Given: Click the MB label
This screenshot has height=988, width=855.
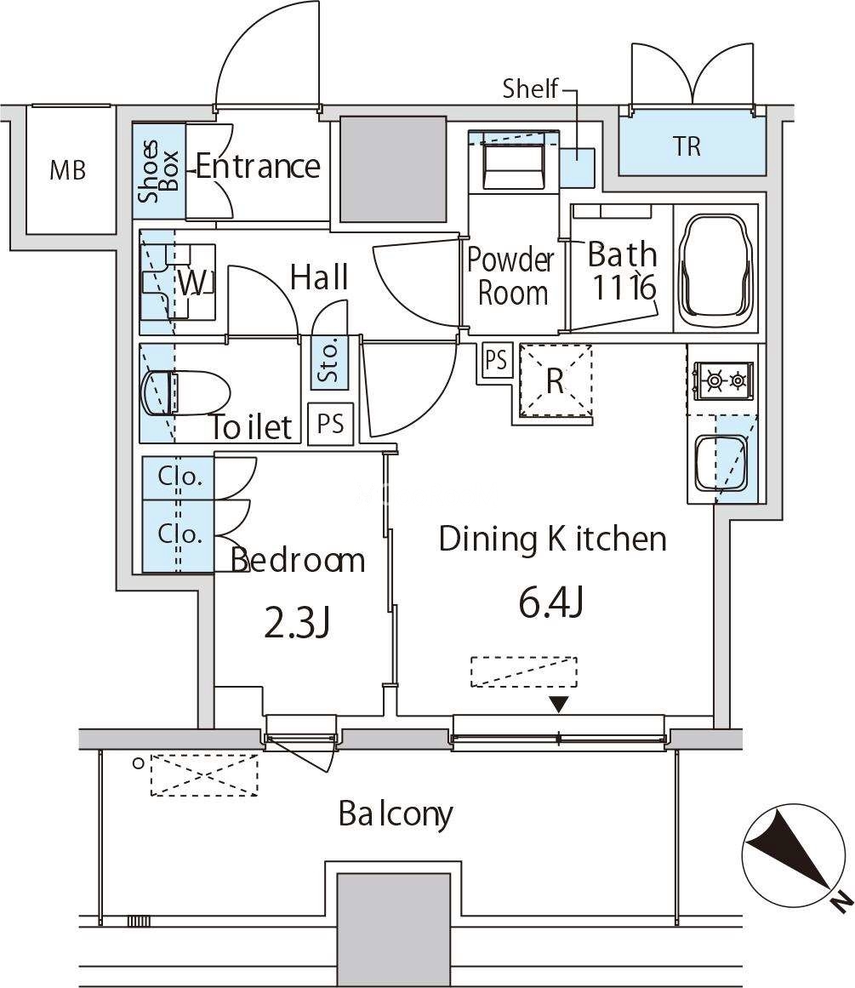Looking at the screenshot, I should point(67,170).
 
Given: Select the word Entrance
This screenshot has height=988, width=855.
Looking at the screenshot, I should point(258,166).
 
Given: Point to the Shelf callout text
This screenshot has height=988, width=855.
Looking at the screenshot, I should point(530,89).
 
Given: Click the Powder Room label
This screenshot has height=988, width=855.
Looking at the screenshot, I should point(511,276).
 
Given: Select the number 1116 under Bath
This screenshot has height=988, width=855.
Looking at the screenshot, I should point(624,288).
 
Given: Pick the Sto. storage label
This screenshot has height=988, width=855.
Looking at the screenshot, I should point(329,359).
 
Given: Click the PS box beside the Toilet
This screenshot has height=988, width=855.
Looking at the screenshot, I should point(331,424).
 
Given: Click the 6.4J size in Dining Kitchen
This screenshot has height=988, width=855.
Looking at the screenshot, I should point(550,603).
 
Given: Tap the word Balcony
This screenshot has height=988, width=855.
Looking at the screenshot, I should point(395,814).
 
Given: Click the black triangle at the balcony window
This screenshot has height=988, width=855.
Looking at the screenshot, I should point(558,704).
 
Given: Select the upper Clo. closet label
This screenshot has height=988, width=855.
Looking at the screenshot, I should point(180,477).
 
